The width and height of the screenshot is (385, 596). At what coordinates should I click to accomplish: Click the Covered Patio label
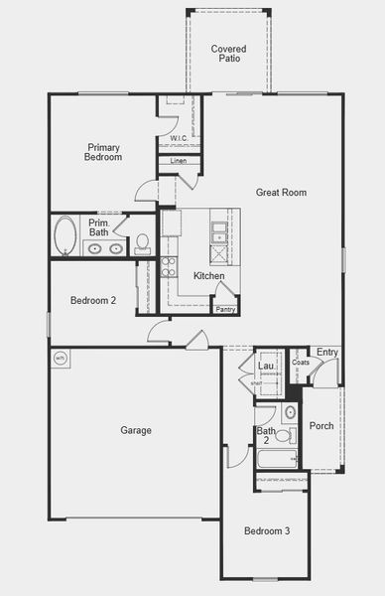click(x=228, y=53)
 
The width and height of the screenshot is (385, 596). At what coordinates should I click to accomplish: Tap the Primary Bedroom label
click(x=103, y=152)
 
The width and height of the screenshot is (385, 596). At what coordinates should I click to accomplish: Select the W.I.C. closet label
click(x=179, y=138)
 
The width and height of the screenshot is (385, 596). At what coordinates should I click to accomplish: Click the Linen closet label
click(x=179, y=161)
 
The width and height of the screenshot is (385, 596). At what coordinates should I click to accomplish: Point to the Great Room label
click(x=281, y=193)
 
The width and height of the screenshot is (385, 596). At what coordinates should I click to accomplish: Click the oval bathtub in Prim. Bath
click(x=65, y=236)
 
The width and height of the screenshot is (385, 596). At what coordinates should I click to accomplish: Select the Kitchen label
click(x=208, y=276)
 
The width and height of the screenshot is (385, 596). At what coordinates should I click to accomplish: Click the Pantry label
click(x=225, y=309)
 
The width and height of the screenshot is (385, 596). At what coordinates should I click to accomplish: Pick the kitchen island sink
click(x=219, y=232)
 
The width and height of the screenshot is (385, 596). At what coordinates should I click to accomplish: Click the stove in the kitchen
click(x=169, y=266)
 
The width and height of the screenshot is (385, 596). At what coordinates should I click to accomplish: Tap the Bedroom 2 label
click(x=93, y=300)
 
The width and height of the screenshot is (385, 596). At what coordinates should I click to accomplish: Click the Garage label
click(x=136, y=430)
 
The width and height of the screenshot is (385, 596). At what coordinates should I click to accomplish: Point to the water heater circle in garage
click(x=60, y=358)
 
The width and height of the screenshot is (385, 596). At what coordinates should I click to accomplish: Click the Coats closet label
click(x=300, y=363)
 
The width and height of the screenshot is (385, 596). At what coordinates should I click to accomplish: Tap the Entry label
click(x=326, y=352)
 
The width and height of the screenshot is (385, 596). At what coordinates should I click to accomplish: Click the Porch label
click(x=321, y=426)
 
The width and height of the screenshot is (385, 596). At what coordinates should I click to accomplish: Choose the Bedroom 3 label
click(x=267, y=531)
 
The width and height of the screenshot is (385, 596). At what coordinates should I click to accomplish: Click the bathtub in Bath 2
click(x=277, y=459)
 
